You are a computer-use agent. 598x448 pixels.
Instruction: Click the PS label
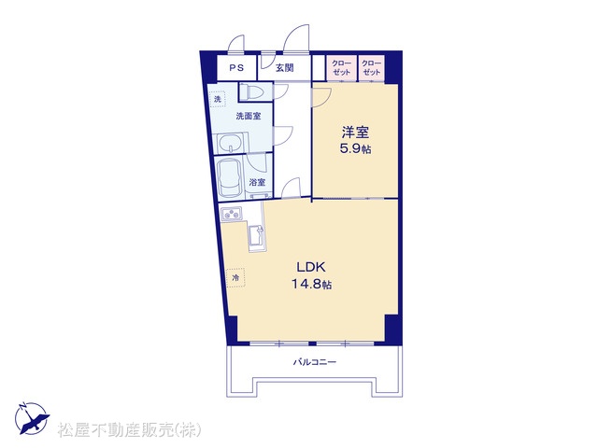(236, 68)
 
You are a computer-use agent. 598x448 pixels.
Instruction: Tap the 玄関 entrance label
(284, 68)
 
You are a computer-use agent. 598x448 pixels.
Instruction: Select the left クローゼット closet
(342, 68)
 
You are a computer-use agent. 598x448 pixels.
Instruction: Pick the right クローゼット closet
(372, 68)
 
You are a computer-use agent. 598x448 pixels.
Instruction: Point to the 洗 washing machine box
(218, 100)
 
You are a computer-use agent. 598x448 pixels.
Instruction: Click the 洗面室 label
(249, 116)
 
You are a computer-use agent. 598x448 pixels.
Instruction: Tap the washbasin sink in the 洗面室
(231, 143)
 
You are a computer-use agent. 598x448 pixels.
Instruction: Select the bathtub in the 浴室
(230, 178)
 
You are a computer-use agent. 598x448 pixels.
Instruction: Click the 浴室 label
(257, 183)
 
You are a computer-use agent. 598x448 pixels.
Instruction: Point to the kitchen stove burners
(231, 214)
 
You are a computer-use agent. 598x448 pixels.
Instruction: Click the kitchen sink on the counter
(256, 238)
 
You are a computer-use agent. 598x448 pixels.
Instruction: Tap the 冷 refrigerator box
(235, 278)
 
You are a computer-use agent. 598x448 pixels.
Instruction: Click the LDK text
(311, 267)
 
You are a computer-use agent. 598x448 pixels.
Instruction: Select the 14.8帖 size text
(311, 284)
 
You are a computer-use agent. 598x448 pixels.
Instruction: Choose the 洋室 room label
(355, 133)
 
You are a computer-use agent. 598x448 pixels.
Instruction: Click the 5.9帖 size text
(355, 148)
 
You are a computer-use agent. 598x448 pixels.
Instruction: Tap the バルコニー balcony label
(315, 361)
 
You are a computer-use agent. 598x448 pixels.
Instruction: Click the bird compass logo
(32, 418)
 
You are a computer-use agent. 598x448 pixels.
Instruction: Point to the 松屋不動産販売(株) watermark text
(129, 430)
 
